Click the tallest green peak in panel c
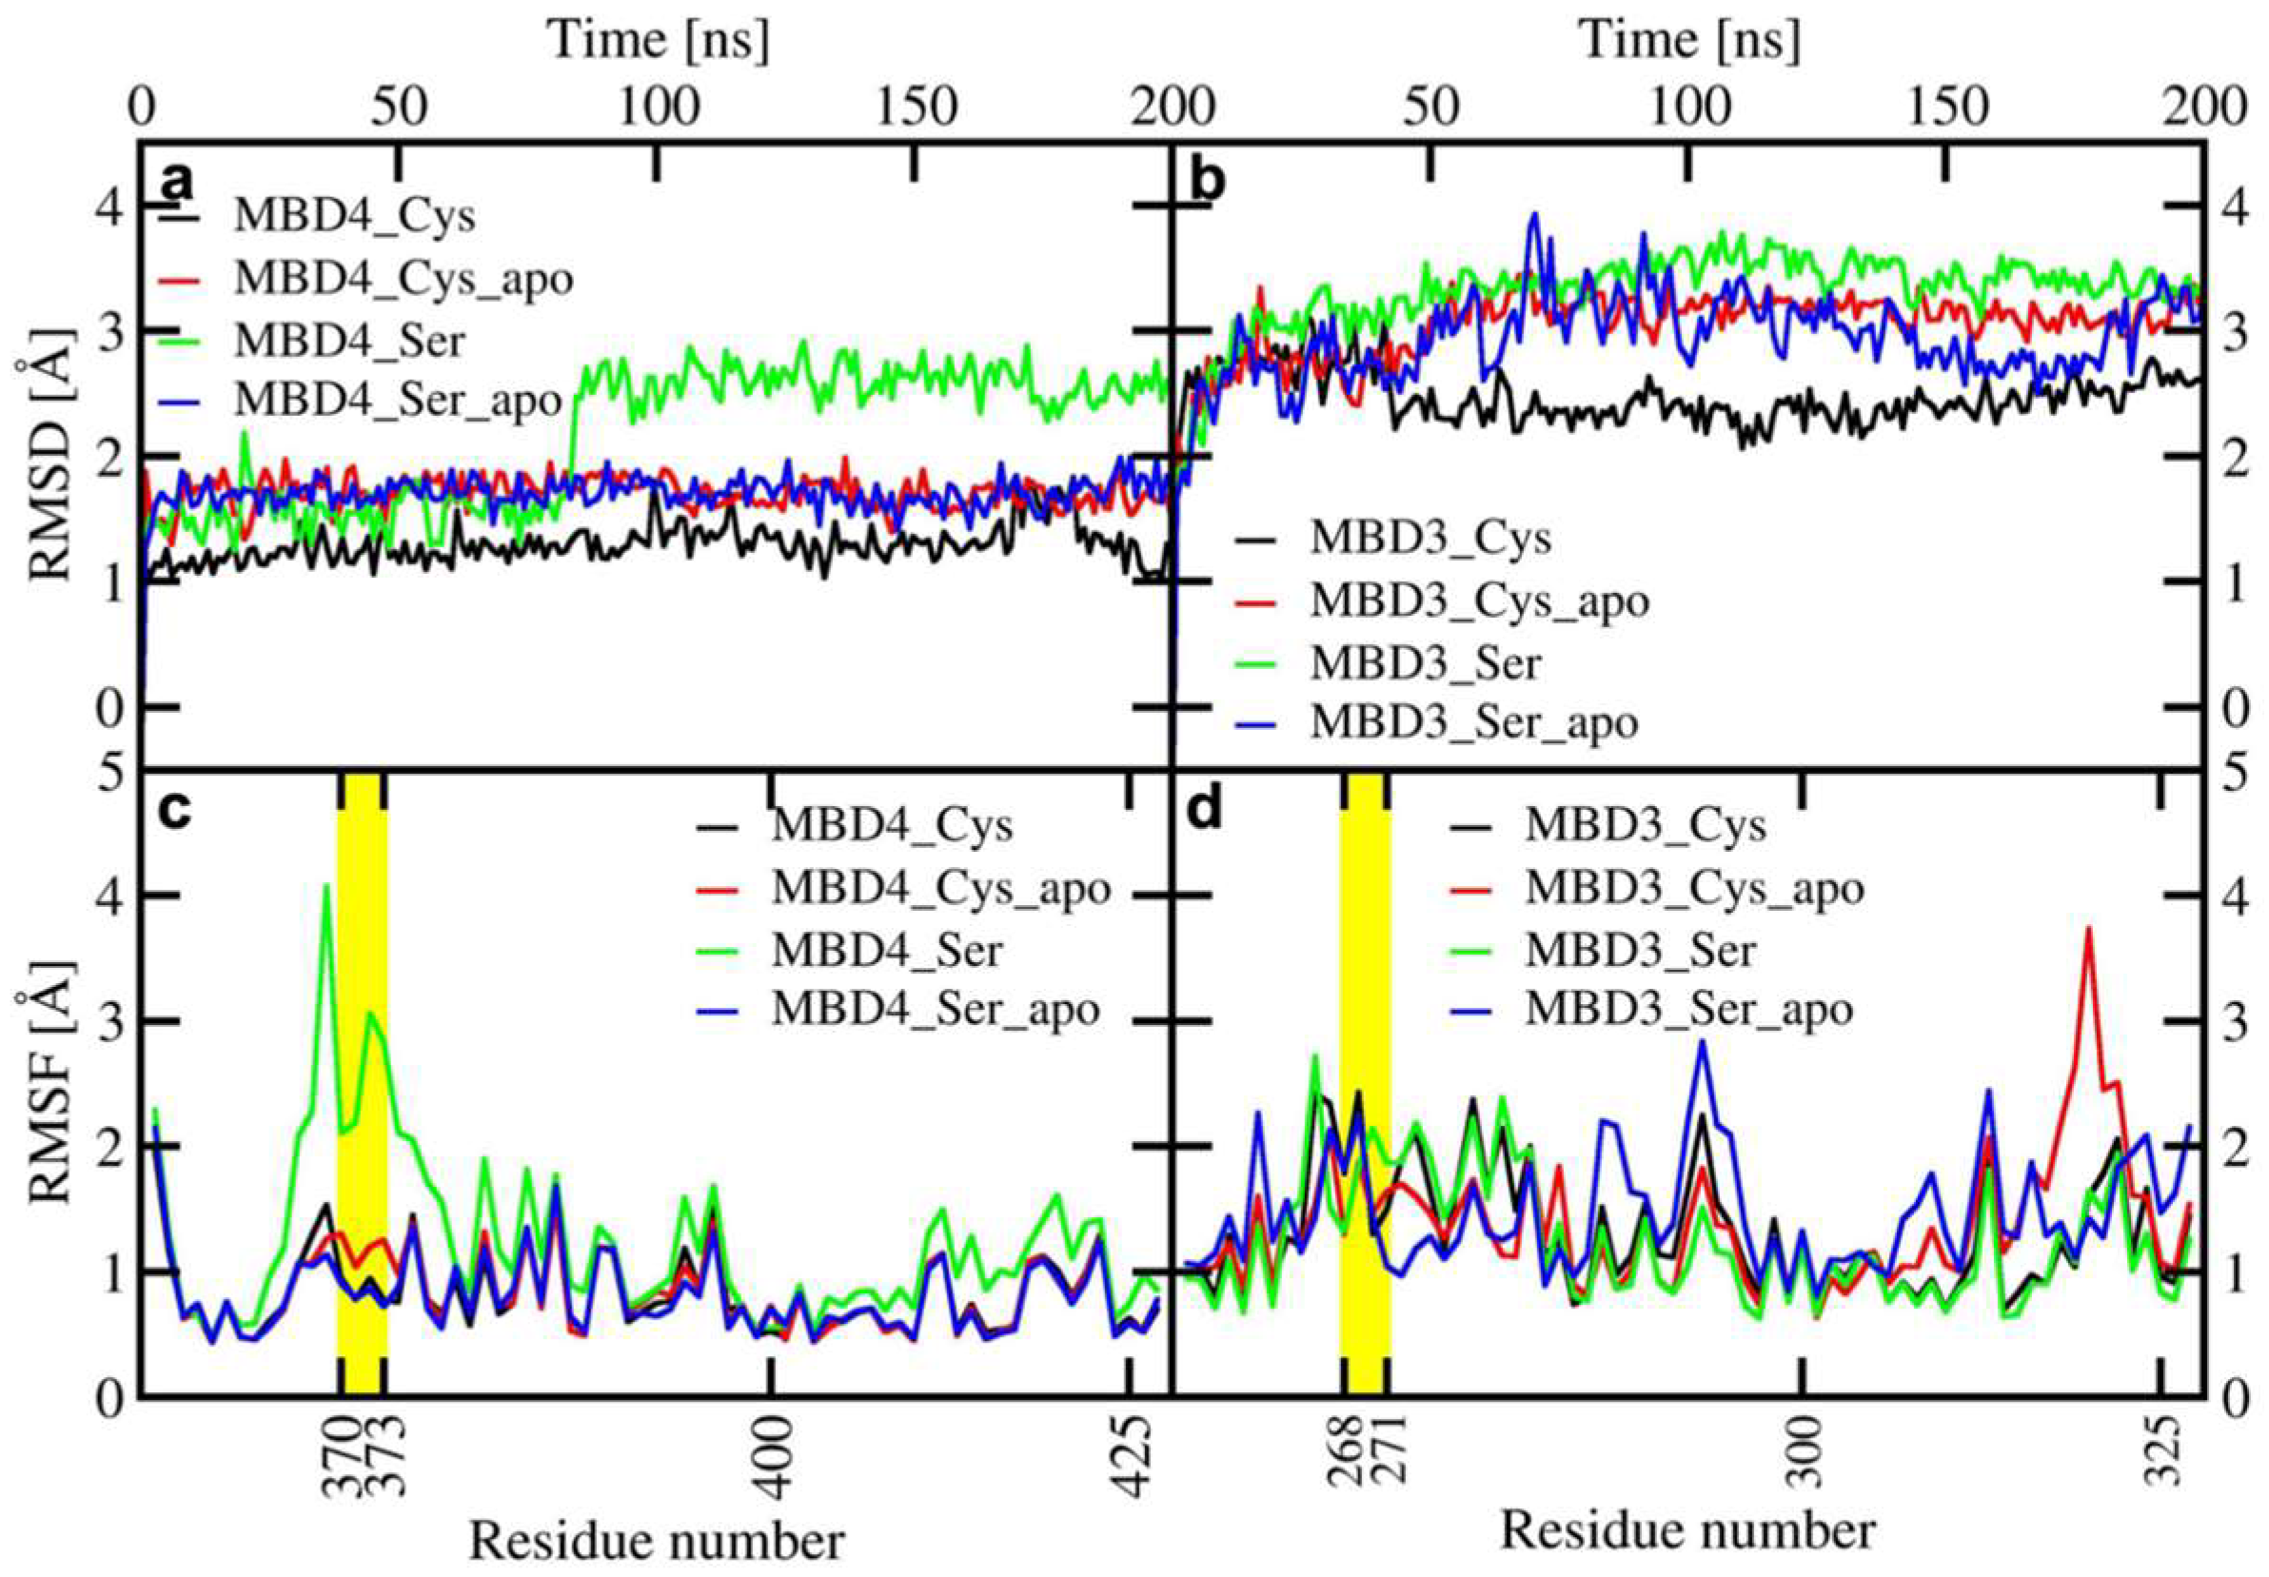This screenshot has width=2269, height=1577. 326,886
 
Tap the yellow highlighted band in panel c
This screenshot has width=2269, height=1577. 362,1087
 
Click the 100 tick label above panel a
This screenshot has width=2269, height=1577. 656,108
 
